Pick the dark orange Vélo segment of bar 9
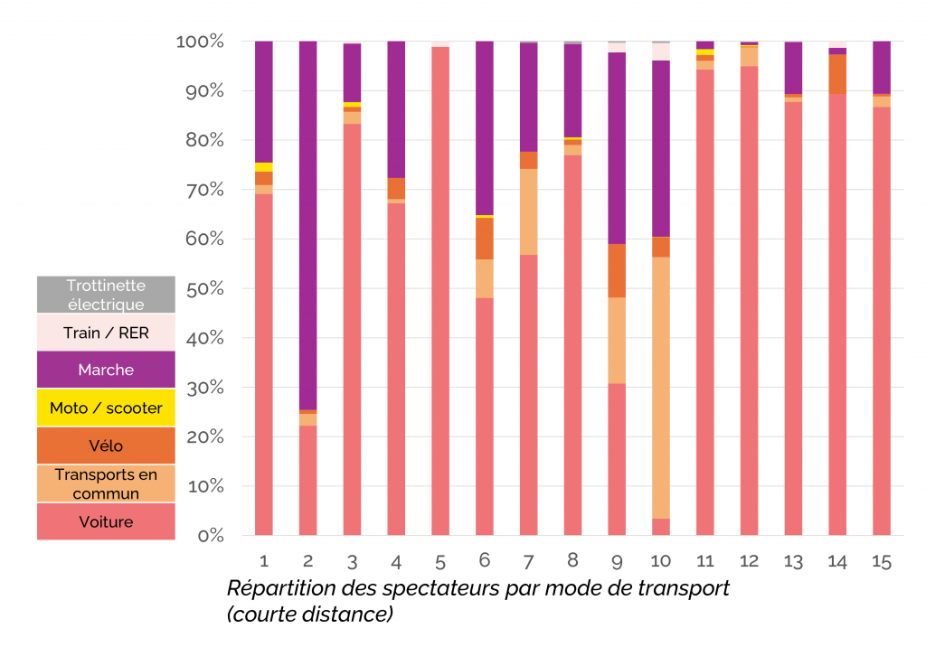point(617,270)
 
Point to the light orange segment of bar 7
point(529,211)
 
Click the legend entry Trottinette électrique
point(106,295)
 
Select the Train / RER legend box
point(106,333)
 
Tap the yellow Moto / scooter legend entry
point(106,408)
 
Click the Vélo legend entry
point(106,446)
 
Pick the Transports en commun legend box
point(106,483)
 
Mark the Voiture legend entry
point(106,521)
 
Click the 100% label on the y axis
point(200,42)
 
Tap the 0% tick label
point(209,536)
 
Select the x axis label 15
point(882,562)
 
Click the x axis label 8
point(573,562)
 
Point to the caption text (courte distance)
point(310,614)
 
